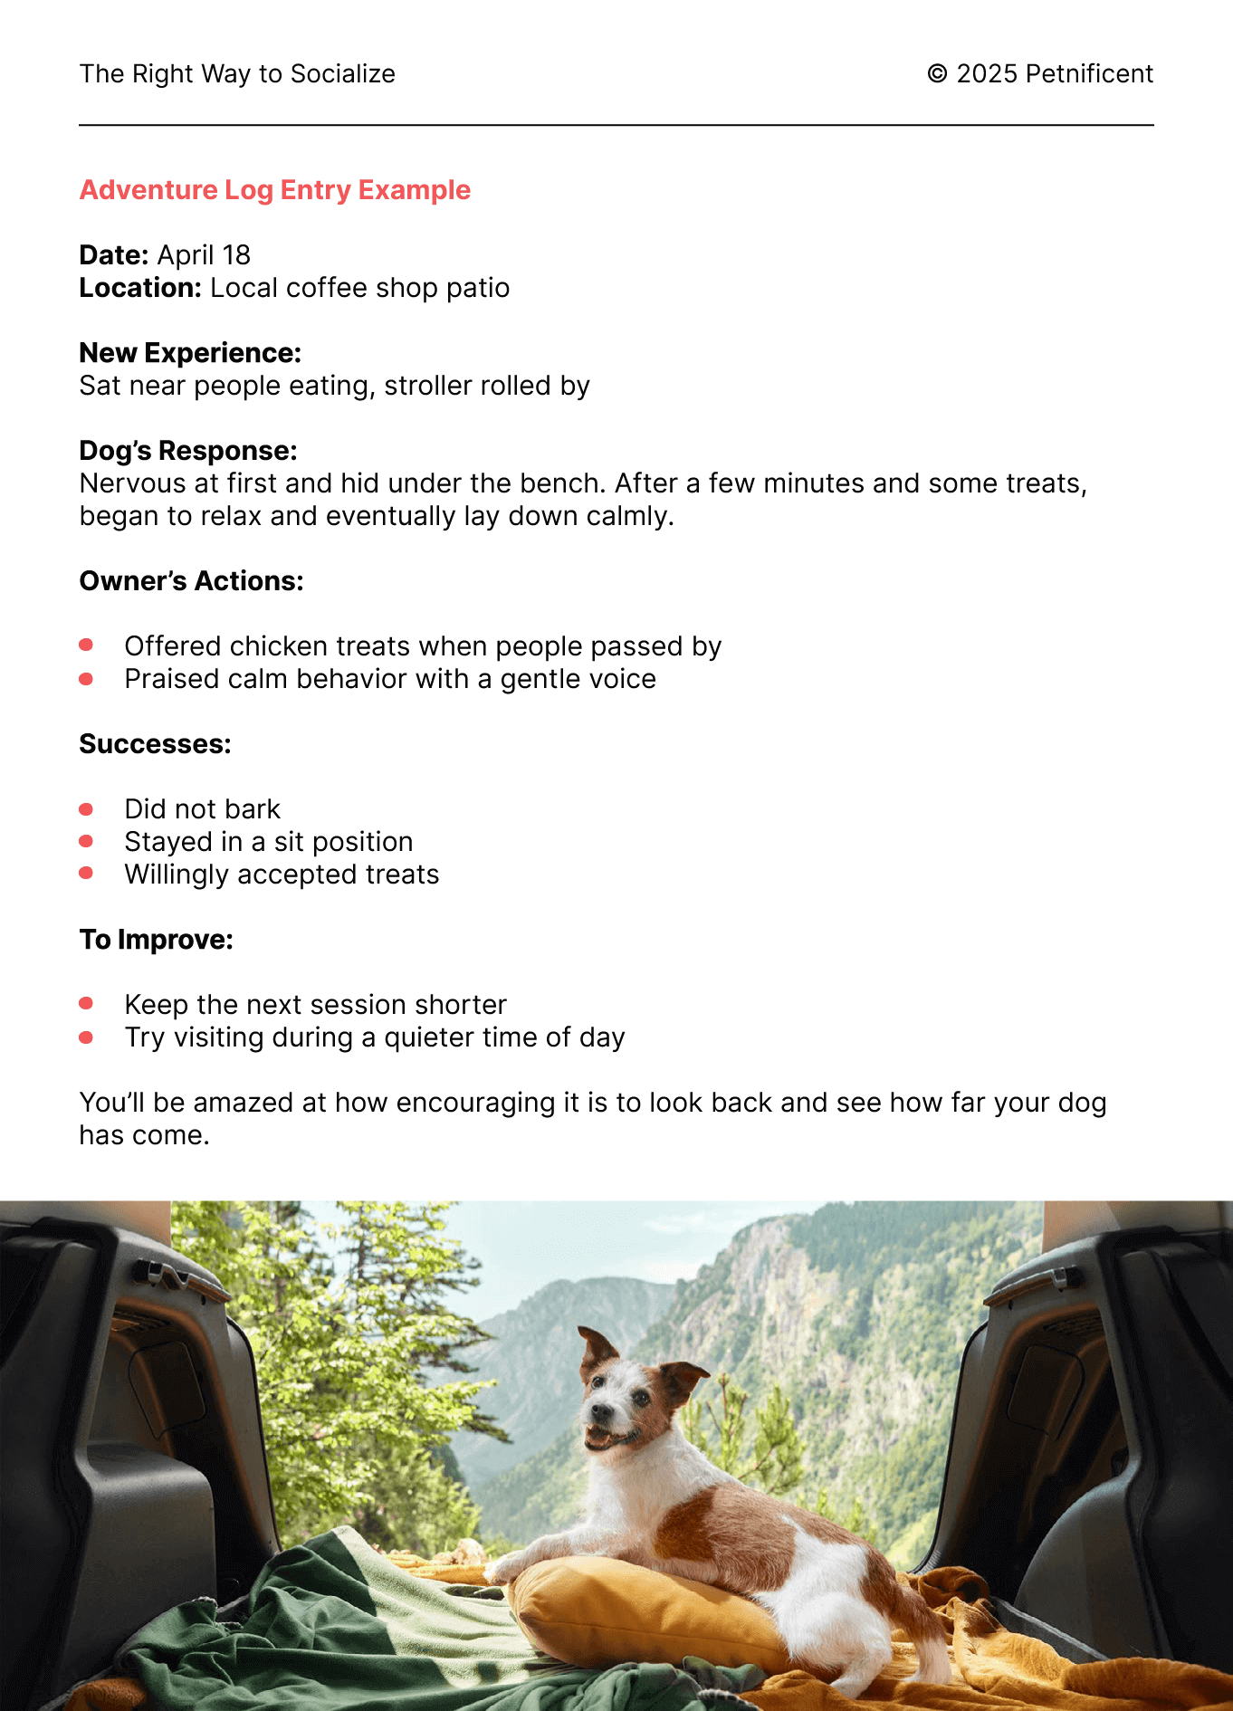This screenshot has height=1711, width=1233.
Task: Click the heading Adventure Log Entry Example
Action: [275, 190]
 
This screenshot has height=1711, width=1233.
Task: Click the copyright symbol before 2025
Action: [937, 74]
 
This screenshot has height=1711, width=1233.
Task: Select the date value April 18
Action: [204, 255]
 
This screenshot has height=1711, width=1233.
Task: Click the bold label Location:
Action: [140, 288]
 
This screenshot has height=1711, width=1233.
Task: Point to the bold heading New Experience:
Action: [190, 353]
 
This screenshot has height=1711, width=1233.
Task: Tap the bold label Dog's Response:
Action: [188, 451]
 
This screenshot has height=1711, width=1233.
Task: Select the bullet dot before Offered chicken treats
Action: [86, 645]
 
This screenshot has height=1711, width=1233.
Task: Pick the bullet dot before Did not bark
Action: [86, 808]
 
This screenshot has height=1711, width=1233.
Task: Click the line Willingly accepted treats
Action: [282, 875]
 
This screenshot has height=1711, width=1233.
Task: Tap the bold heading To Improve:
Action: [156, 940]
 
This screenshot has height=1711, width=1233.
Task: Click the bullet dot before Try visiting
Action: [86, 1037]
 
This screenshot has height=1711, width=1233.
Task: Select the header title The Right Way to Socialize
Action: [237, 74]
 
